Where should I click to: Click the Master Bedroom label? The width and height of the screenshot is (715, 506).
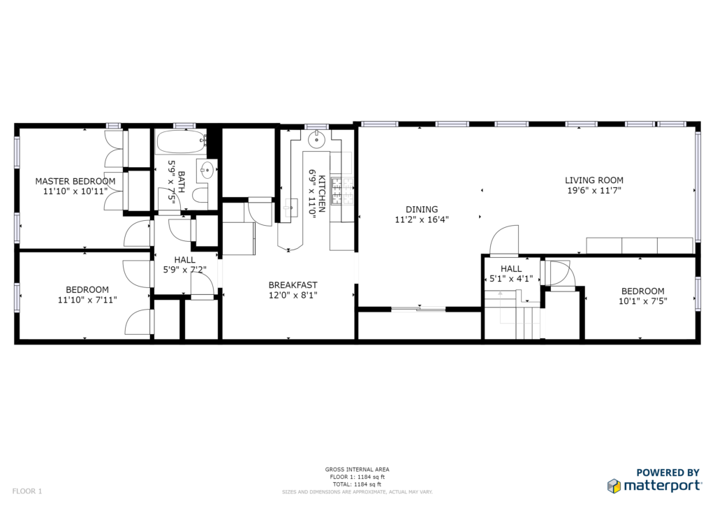pos(75,181)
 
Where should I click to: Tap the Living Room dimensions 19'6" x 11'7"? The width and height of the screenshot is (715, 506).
pos(594,191)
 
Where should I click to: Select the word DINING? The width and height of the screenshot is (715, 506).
pos(422,210)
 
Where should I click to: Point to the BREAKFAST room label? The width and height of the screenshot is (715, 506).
pos(293,285)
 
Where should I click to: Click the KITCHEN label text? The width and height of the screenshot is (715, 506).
pos(322,194)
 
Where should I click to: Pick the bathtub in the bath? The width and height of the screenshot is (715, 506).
pos(182,142)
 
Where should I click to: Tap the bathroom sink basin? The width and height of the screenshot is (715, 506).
pos(207,171)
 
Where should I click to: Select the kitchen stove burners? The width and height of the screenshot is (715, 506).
pos(342,191)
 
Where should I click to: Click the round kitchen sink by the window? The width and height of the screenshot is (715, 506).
pos(316,140)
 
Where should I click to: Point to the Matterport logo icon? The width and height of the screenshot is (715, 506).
pos(614,486)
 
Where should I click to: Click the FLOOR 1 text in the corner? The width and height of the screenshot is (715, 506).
pos(27,491)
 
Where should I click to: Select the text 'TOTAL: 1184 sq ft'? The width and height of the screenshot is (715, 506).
pos(357,484)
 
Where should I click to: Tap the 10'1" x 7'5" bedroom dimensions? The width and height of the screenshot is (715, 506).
pos(643,301)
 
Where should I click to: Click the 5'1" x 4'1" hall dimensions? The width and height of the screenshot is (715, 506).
pos(511,279)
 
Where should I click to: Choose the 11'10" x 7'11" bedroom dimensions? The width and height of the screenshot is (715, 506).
pos(87,300)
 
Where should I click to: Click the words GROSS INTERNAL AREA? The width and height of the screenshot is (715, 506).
pos(357,470)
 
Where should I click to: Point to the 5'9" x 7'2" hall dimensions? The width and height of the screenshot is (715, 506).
pos(184,270)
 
